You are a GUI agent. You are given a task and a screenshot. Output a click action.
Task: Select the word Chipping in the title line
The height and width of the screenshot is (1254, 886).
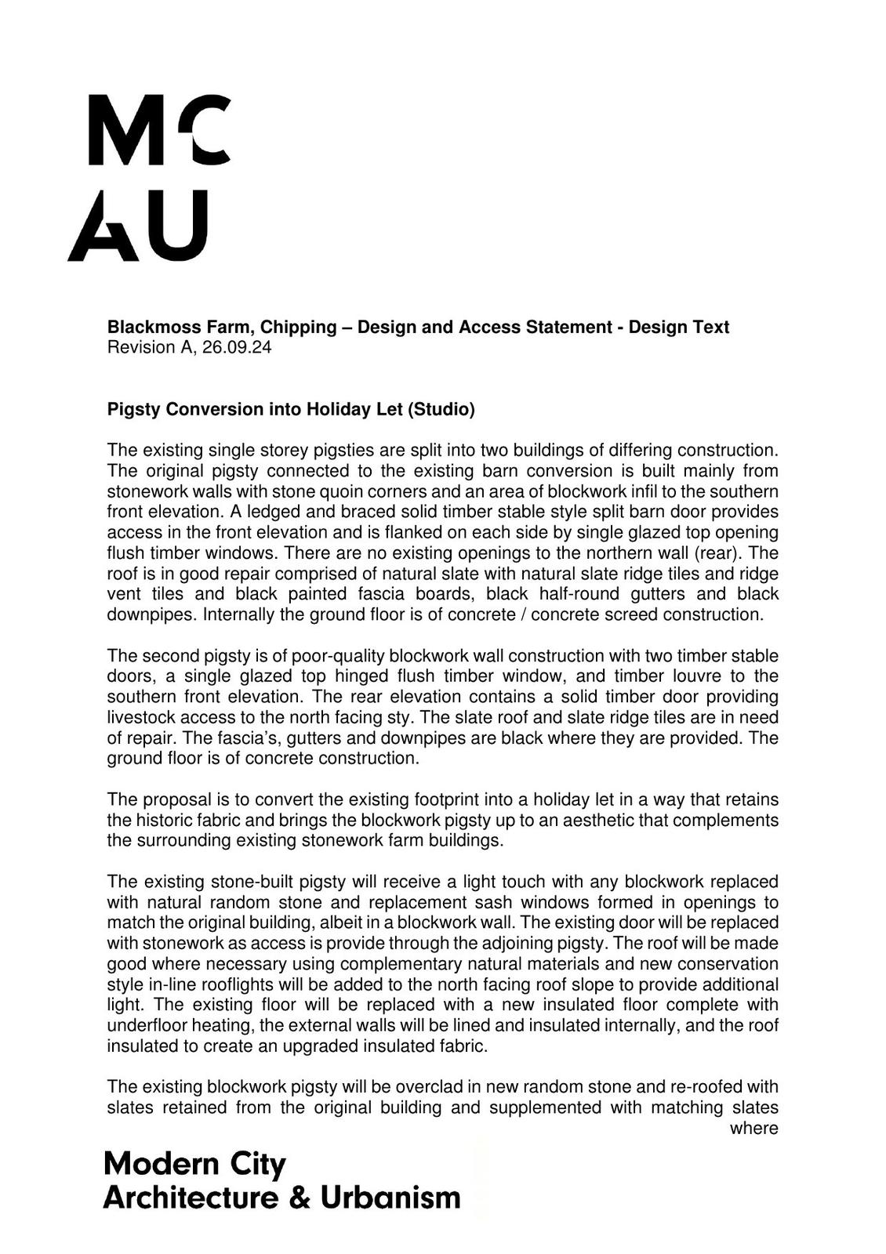click(x=296, y=327)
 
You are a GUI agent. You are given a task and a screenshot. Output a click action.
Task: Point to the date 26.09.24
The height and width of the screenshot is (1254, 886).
click(x=237, y=347)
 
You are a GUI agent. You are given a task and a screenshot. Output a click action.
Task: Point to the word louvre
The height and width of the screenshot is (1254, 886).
click(x=694, y=676)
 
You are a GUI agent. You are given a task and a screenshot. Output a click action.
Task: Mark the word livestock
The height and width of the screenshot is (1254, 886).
click(x=141, y=716)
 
